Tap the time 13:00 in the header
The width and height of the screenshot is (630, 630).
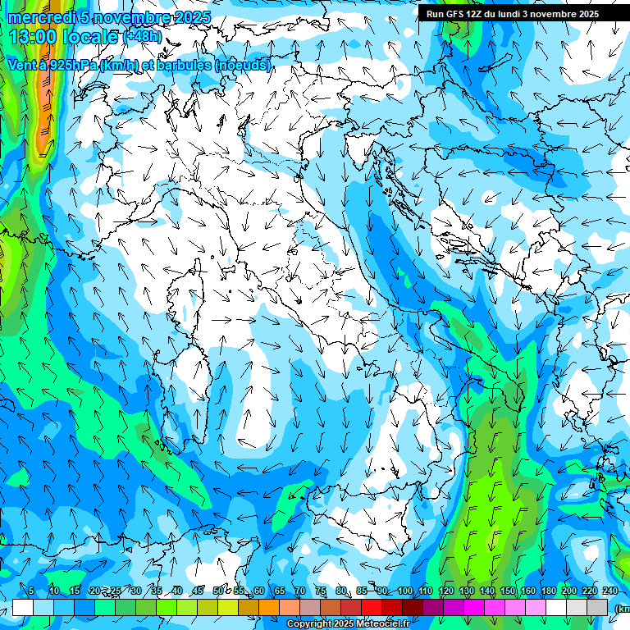(x=34, y=37)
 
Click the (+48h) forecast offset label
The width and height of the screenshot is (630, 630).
(x=143, y=37)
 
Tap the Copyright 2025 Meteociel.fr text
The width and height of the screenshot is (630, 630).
(x=348, y=624)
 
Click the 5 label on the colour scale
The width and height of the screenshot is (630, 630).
(x=31, y=591)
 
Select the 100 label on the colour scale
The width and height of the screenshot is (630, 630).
(x=404, y=591)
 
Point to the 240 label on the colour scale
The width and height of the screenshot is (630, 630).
(x=609, y=591)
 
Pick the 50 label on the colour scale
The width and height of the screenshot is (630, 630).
(x=218, y=591)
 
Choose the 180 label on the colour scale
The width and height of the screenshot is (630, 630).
(x=548, y=591)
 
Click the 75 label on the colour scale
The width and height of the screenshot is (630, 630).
(x=321, y=591)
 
